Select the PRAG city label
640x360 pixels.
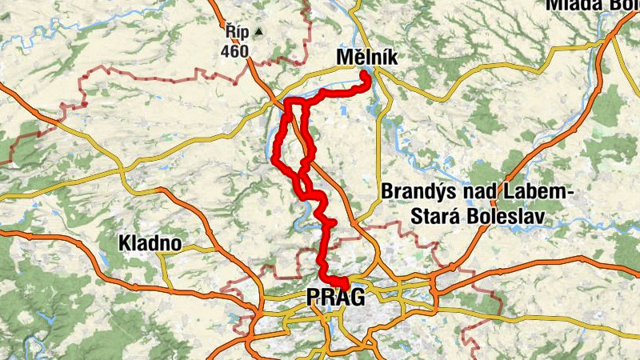335,298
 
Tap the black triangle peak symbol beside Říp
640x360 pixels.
259,33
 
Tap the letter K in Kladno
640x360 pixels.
124,242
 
